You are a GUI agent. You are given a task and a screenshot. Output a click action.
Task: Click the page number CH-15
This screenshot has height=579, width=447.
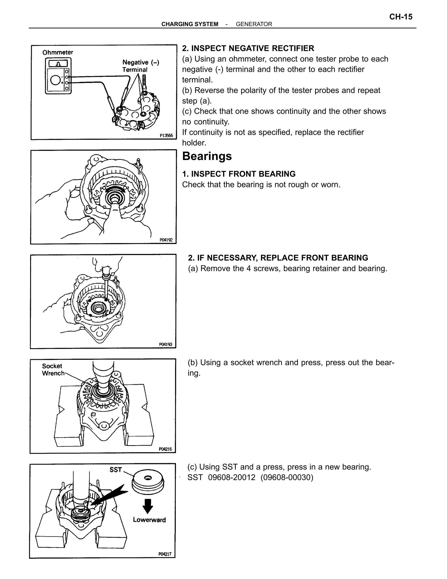click(401, 17)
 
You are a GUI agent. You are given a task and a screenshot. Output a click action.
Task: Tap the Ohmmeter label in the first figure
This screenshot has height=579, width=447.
click(57, 52)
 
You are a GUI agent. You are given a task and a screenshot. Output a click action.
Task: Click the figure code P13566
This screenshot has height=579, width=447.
click(166, 135)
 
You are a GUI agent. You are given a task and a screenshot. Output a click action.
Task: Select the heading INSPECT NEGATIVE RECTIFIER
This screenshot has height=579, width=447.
click(252, 48)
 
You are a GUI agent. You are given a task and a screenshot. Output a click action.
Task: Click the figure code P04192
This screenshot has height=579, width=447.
click(166, 240)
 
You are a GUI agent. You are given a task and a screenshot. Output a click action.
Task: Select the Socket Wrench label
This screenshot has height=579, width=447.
click(53, 369)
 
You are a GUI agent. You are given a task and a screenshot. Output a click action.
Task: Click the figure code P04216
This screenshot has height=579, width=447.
click(165, 449)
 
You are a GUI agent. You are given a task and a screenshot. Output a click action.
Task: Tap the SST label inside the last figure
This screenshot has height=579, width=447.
click(115, 470)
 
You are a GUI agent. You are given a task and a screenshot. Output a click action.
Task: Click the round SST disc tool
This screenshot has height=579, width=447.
click(148, 483)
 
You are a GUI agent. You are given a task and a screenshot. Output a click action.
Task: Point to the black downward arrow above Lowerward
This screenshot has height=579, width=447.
click(148, 506)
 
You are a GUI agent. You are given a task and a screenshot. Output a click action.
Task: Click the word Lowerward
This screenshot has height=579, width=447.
click(149, 520)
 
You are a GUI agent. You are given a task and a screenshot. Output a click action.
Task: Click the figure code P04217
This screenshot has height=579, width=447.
click(165, 554)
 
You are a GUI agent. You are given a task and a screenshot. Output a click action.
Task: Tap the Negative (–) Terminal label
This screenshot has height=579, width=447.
click(140, 66)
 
